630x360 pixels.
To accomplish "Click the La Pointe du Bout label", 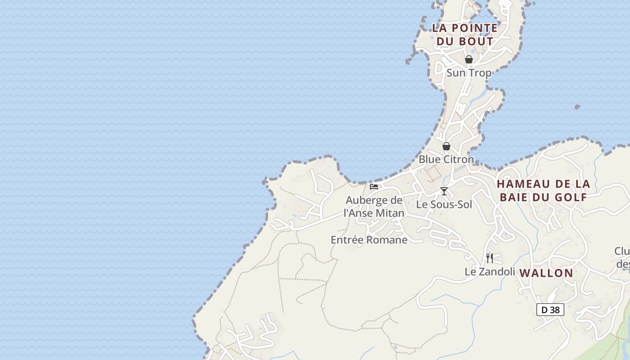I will [x=465, y=34].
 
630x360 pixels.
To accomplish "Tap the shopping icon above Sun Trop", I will [x=469, y=59].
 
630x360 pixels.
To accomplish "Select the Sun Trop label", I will [x=469, y=72].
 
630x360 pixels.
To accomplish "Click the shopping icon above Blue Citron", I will [x=446, y=146].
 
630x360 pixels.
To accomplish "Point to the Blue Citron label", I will [x=446, y=159].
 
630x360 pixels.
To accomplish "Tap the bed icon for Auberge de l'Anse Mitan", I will [x=374, y=187].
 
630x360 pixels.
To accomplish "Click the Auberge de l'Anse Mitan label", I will [x=374, y=207].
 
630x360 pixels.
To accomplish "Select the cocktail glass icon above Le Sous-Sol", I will [x=444, y=191].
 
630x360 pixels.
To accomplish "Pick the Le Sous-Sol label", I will [x=444, y=204].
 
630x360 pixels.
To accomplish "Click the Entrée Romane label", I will [x=369, y=240].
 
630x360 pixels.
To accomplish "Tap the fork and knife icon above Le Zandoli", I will [x=490, y=258].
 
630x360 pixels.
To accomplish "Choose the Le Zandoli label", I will [x=490, y=272].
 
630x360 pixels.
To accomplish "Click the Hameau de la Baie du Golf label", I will [x=544, y=190].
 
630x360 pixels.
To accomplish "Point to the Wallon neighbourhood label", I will [x=546, y=273].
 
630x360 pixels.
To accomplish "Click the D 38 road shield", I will [x=550, y=310].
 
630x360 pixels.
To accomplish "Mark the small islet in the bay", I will [x=577, y=107].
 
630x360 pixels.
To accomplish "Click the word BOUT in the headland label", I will [x=476, y=41].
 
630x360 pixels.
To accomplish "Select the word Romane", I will [x=387, y=240].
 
